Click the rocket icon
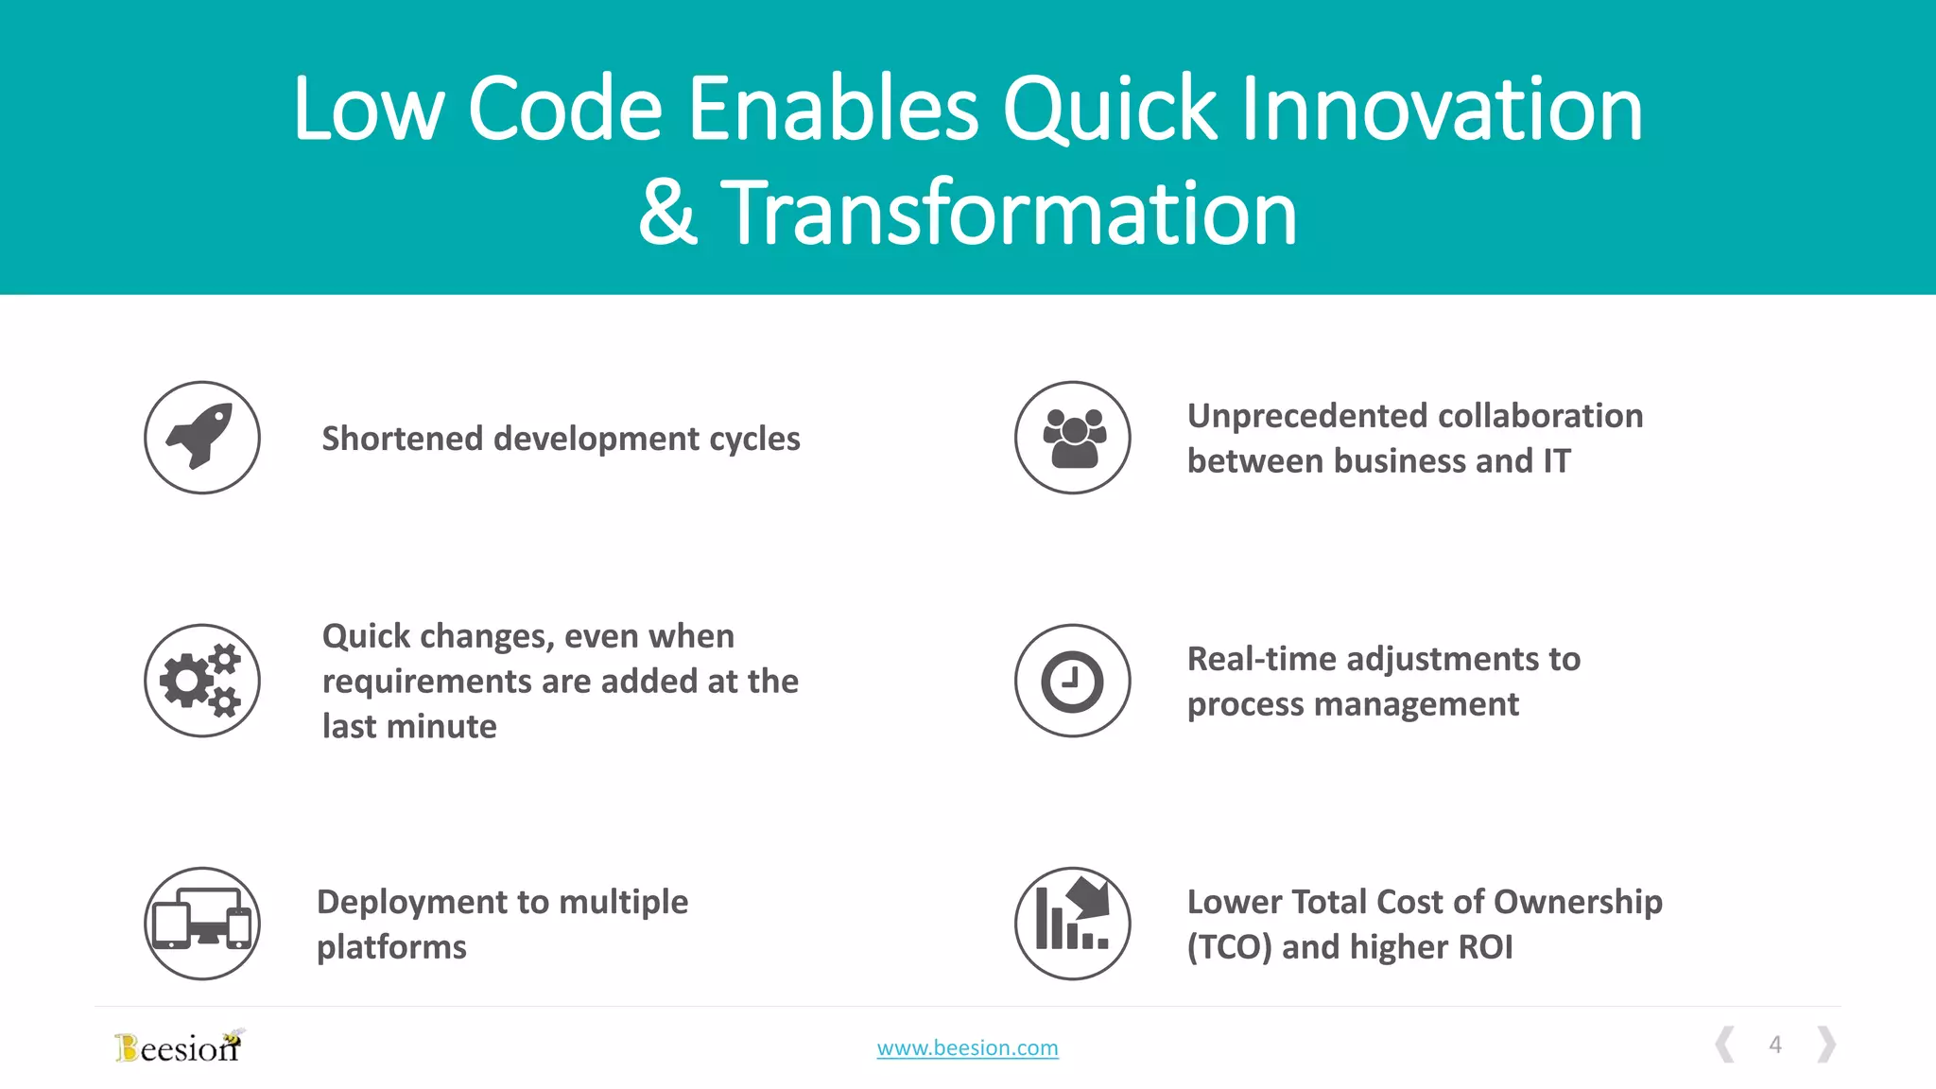pyautogui.click(x=201, y=438)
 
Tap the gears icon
pyautogui.click(x=201, y=681)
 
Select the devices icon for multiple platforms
pyautogui.click(x=201, y=924)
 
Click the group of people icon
pyautogui.click(x=1073, y=438)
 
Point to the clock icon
pyautogui.click(x=1073, y=681)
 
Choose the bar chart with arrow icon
pyautogui.click(x=1073, y=924)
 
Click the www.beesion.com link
pyautogui.click(x=967, y=1047)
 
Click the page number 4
pyautogui.click(x=1775, y=1045)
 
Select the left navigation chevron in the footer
pyautogui.click(x=1725, y=1045)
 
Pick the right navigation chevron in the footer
pyautogui.click(x=1826, y=1045)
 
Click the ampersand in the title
pyautogui.click(x=668, y=214)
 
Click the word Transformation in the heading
pyautogui.click(x=1010, y=214)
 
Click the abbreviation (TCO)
pyautogui.click(x=1229, y=947)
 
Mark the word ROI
pyautogui.click(x=1485, y=947)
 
